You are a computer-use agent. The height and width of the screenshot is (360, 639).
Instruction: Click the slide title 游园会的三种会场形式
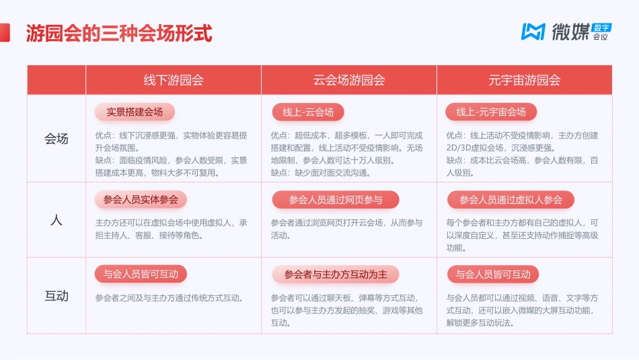coord(119,33)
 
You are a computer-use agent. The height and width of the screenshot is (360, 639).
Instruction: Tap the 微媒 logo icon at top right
coord(533,32)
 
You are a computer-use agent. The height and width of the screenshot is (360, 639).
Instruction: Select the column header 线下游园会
coord(174,80)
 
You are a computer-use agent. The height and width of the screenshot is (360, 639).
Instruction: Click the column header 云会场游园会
coord(349,80)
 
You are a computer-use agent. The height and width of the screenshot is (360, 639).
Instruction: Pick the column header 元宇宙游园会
coord(525,80)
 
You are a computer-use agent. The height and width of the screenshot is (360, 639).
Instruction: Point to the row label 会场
coord(57,139)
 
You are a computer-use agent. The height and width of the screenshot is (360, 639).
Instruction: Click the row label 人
coord(57,219)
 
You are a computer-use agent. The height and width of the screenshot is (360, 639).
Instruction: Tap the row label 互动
coord(57,295)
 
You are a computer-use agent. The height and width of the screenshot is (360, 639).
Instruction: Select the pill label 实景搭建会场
coord(135,111)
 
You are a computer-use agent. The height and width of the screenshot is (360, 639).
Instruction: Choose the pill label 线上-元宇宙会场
coord(491,112)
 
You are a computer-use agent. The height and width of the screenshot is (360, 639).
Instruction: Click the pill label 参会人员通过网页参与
coord(336,200)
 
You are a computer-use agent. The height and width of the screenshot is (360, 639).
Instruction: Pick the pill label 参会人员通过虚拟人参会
coord(511,200)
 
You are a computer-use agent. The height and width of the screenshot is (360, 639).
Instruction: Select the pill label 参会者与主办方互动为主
coord(336,274)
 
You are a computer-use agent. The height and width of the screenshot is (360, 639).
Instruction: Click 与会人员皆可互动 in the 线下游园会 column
coord(141,274)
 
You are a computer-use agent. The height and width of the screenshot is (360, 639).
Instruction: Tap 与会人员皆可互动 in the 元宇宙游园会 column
coord(493,274)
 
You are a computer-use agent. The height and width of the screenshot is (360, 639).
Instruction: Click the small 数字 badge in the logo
coord(601,27)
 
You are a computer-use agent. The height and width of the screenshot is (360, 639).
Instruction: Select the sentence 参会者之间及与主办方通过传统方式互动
coord(170,298)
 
